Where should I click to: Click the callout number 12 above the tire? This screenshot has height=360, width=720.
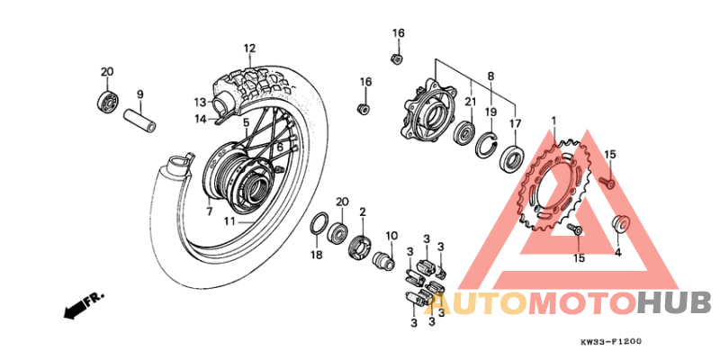click(x=249, y=49)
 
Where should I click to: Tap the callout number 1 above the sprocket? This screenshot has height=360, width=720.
click(x=554, y=120)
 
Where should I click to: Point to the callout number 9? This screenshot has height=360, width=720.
click(x=139, y=94)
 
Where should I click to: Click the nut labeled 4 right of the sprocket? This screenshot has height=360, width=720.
click(x=619, y=224)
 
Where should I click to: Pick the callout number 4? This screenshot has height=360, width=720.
click(x=617, y=253)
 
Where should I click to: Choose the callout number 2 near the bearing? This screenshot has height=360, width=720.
click(x=363, y=211)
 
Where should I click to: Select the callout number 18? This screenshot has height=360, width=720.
click(x=316, y=256)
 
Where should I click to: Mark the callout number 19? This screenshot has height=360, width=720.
click(x=491, y=112)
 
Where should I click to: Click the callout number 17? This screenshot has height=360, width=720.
click(x=515, y=122)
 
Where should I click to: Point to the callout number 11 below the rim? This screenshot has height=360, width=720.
click(x=229, y=220)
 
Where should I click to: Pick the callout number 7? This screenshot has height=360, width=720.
click(x=209, y=211)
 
